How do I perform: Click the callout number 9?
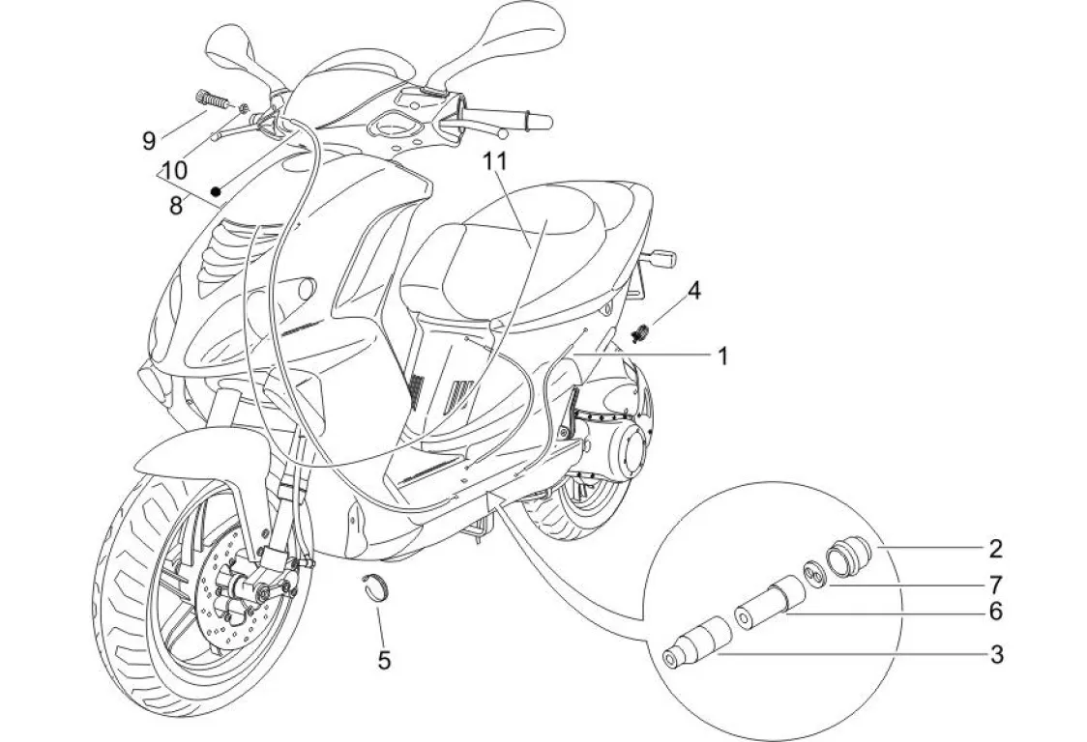[x=149, y=141]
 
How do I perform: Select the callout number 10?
[x=175, y=171]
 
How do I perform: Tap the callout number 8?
[x=175, y=206]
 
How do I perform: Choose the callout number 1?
[x=720, y=356]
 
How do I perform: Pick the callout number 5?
[x=384, y=661]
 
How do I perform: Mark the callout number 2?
[x=996, y=550]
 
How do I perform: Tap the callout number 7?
[x=996, y=585]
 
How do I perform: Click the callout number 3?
[x=996, y=655]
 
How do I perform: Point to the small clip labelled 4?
[x=640, y=334]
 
